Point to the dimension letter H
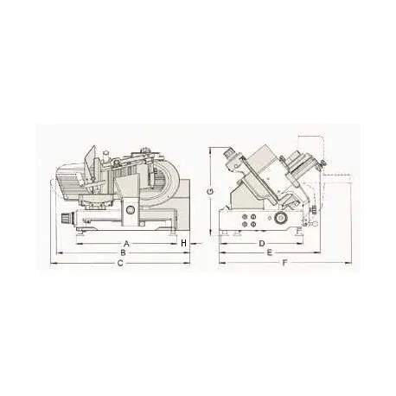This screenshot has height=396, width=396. tap(184, 243)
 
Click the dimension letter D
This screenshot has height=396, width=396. tap(261, 243)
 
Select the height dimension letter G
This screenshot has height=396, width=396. tap(210, 189)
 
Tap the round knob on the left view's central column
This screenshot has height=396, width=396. tap(130, 210)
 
